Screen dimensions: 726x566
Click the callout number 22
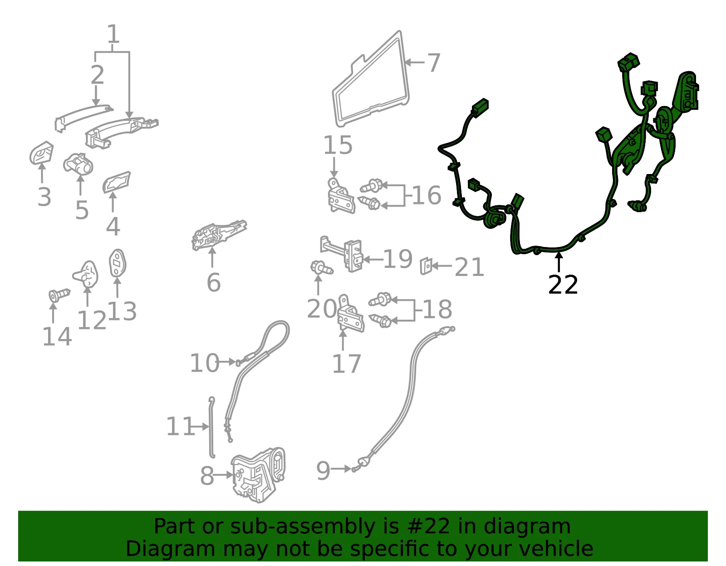point(563,285)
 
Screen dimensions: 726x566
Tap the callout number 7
point(434,63)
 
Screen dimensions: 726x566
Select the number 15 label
point(338,145)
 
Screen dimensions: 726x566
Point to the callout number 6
point(214,282)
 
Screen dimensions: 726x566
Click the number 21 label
point(470,267)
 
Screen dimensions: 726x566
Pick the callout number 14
point(57,337)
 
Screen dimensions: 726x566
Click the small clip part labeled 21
point(426,266)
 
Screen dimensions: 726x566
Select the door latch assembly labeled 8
point(259,475)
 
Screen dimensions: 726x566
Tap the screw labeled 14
point(59,295)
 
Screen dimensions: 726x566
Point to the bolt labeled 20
point(322,268)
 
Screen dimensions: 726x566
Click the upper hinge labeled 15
point(340,196)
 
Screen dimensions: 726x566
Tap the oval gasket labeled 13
point(118,263)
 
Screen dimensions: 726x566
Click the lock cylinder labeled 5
point(78,164)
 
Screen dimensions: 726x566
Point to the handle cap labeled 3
point(41,153)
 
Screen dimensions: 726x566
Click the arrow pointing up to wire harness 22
point(559,262)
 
